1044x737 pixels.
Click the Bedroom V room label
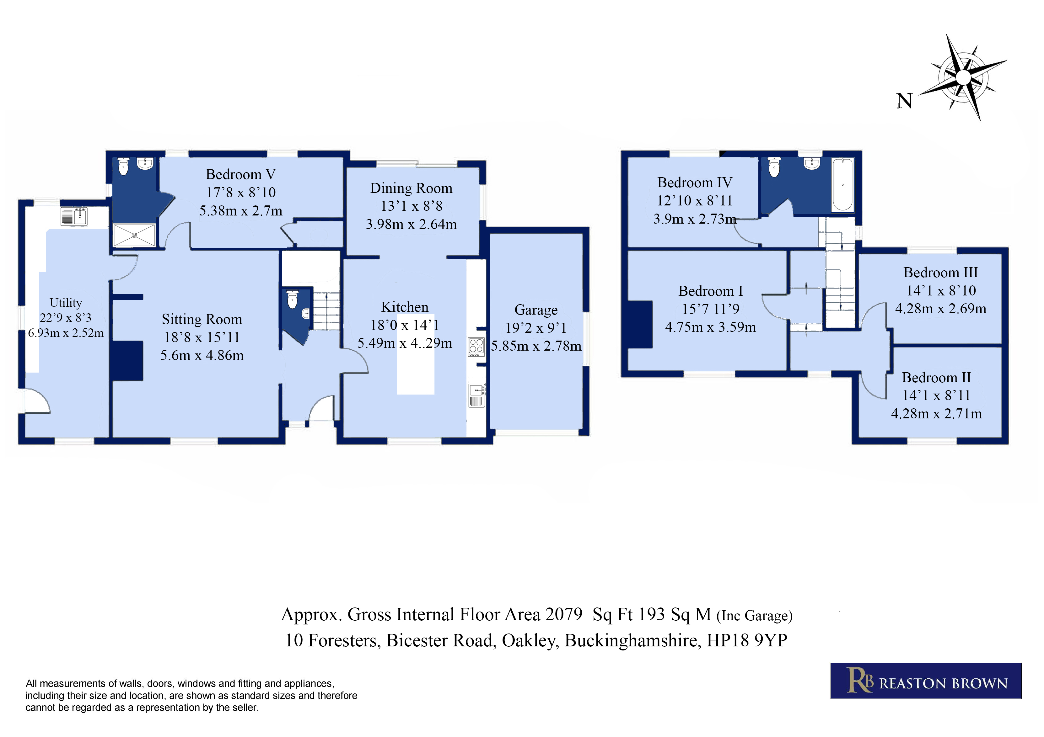240,174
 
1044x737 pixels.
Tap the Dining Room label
411,188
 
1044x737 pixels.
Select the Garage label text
535,310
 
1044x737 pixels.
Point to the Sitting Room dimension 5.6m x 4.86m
202,355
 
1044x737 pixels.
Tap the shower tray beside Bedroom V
134,235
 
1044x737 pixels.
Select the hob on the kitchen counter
476,346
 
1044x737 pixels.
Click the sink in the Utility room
74,216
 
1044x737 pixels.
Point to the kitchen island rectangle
416,354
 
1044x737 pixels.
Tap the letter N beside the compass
904,101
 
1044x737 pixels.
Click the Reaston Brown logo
926,681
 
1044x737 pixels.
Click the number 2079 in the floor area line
564,614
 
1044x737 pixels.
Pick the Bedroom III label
940,272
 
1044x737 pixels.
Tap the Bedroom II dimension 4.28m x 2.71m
936,413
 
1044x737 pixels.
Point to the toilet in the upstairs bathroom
774,167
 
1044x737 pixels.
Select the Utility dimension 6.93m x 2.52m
66,333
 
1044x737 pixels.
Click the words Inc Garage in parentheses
754,616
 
